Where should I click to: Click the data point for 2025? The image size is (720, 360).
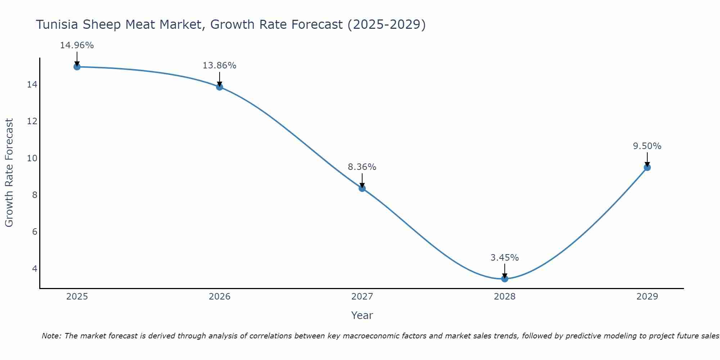pyautogui.click(x=77, y=67)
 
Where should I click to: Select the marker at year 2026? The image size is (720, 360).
pyautogui.click(x=220, y=87)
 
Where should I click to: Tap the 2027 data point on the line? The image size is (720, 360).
pyautogui.click(x=362, y=188)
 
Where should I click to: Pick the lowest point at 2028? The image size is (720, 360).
pyautogui.click(x=505, y=279)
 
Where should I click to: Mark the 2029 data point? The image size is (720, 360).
pyautogui.click(x=647, y=167)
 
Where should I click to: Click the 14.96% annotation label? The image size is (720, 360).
pyautogui.click(x=77, y=45)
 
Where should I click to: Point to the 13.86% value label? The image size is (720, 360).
pyautogui.click(x=220, y=66)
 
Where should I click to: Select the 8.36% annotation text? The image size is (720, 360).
pyautogui.click(x=362, y=167)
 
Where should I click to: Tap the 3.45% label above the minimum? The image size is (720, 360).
pyautogui.click(x=505, y=258)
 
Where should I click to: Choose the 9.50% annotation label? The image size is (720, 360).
pyautogui.click(x=647, y=146)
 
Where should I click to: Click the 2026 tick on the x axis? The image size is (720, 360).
pyautogui.click(x=220, y=297)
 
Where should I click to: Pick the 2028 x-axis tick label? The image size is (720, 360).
pyautogui.click(x=505, y=297)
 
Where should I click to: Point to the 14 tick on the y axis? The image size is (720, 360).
pyautogui.click(x=32, y=85)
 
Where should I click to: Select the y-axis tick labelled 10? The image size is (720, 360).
pyautogui.click(x=32, y=158)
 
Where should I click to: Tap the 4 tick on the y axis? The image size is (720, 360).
pyautogui.click(x=35, y=269)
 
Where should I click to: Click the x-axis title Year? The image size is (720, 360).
pyautogui.click(x=362, y=315)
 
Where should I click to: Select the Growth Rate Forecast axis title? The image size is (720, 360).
pyautogui.click(x=9, y=173)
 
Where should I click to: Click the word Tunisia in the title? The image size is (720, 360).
pyautogui.click(x=57, y=24)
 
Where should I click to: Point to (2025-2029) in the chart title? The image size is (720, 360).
pyautogui.click(x=387, y=24)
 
